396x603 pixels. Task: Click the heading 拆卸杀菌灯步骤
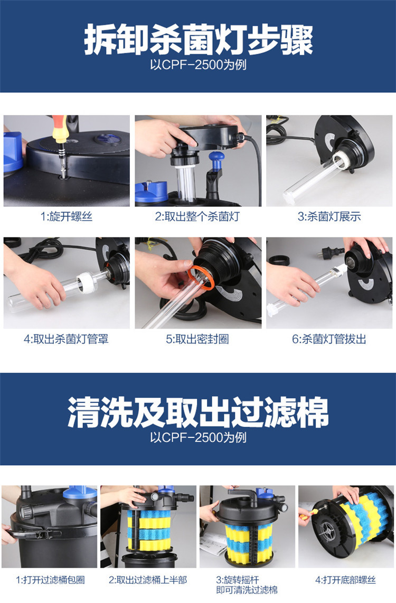(x=198, y=40)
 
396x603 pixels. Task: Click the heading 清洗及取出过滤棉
(x=198, y=412)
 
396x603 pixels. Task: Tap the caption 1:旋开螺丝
(x=66, y=216)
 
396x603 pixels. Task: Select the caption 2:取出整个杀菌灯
(x=197, y=216)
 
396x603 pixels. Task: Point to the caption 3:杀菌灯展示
(x=329, y=216)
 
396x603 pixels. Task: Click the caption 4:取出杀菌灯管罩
(x=66, y=339)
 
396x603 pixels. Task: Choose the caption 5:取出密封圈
(x=197, y=339)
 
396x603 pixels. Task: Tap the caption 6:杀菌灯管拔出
(x=329, y=339)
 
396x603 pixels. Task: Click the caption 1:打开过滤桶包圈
(x=50, y=580)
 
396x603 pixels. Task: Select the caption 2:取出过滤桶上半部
(x=148, y=580)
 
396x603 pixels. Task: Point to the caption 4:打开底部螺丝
(x=346, y=580)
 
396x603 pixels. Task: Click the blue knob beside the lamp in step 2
(x=216, y=158)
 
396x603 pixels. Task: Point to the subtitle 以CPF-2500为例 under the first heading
(x=198, y=65)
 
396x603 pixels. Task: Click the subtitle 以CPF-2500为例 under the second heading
(x=198, y=438)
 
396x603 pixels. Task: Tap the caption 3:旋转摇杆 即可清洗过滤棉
(x=247, y=585)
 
